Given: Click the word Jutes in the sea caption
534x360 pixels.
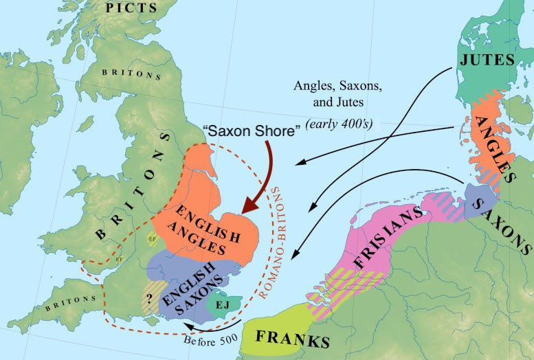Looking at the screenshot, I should tap(352, 105).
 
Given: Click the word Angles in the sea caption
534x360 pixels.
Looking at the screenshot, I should tap(311, 87).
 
